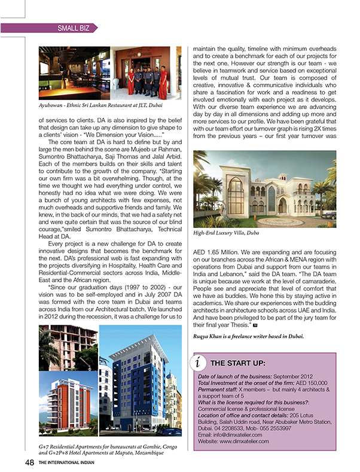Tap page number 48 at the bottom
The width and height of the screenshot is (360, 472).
(x=29, y=461)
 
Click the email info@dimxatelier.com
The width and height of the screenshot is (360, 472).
(x=233, y=435)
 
